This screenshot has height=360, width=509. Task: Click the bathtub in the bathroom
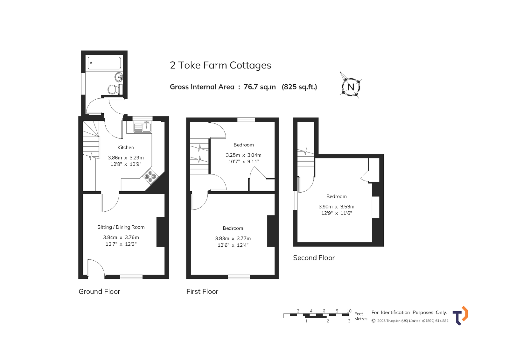coord(104,63)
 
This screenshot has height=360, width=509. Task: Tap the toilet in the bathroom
coord(115,89)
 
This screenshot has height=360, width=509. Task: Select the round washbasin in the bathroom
coord(119,77)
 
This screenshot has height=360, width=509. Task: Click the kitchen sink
coord(143,127)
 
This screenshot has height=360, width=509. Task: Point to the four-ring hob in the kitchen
coord(150,176)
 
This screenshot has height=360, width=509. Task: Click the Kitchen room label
coord(126,147)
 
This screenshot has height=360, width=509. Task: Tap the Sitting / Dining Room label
coord(121,227)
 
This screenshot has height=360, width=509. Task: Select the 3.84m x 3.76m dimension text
coord(121,237)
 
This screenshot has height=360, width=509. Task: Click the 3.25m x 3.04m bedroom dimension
coord(244,155)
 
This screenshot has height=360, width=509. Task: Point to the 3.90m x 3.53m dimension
coord(337,207)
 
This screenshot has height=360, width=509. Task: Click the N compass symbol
coord(351,87)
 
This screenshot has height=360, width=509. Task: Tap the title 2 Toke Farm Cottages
coord(220,65)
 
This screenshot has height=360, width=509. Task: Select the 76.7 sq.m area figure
coord(260,87)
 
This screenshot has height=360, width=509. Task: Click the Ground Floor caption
coord(99,291)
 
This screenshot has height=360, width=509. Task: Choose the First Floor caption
coord(202,291)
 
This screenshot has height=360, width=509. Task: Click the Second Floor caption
coord(314,258)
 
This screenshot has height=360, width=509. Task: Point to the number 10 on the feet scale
coord(349,311)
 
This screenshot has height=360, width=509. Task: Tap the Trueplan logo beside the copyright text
coord(460,316)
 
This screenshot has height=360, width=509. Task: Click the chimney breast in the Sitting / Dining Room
coord(161,232)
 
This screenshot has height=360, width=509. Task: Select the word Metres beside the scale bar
coord(361,319)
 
